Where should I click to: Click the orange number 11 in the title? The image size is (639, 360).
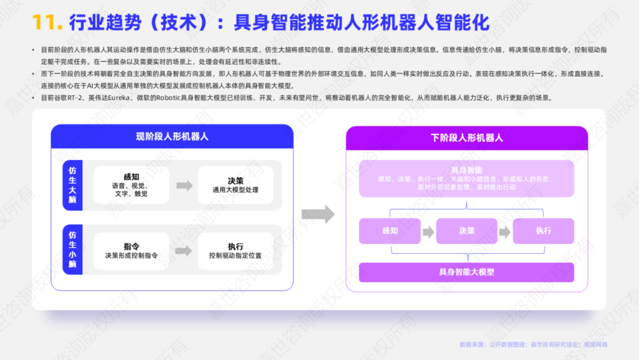pyautogui.click(x=47, y=22)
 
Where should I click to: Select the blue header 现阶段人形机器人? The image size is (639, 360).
pyautogui.click(x=172, y=137)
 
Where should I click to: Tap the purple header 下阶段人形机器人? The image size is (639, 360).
pyautogui.click(x=467, y=138)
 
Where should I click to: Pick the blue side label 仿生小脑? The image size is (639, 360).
pyautogui.click(x=72, y=249)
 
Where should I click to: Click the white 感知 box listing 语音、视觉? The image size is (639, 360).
pyautogui.click(x=131, y=185)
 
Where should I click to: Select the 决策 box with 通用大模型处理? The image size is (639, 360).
pyautogui.click(x=235, y=185)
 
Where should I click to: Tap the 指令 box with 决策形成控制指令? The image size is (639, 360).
pyautogui.click(x=131, y=250)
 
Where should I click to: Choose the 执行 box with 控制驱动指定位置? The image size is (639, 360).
pyautogui.click(x=235, y=250)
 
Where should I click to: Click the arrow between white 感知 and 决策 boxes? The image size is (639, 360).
pyautogui.click(x=185, y=185)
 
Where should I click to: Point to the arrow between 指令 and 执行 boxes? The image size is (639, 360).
pyautogui.click(x=183, y=251)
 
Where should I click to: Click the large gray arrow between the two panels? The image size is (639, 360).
pyautogui.click(x=318, y=214)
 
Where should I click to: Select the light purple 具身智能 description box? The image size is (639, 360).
pyautogui.click(x=466, y=178)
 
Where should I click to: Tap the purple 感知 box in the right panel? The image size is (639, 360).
pyautogui.click(x=390, y=231)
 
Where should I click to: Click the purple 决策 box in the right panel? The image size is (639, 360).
pyautogui.click(x=467, y=231)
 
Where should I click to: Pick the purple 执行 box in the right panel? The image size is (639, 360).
pyautogui.click(x=543, y=231)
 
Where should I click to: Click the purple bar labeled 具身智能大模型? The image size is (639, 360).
pyautogui.click(x=466, y=272)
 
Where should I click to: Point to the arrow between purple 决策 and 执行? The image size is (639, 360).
pyautogui.click(x=505, y=232)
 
